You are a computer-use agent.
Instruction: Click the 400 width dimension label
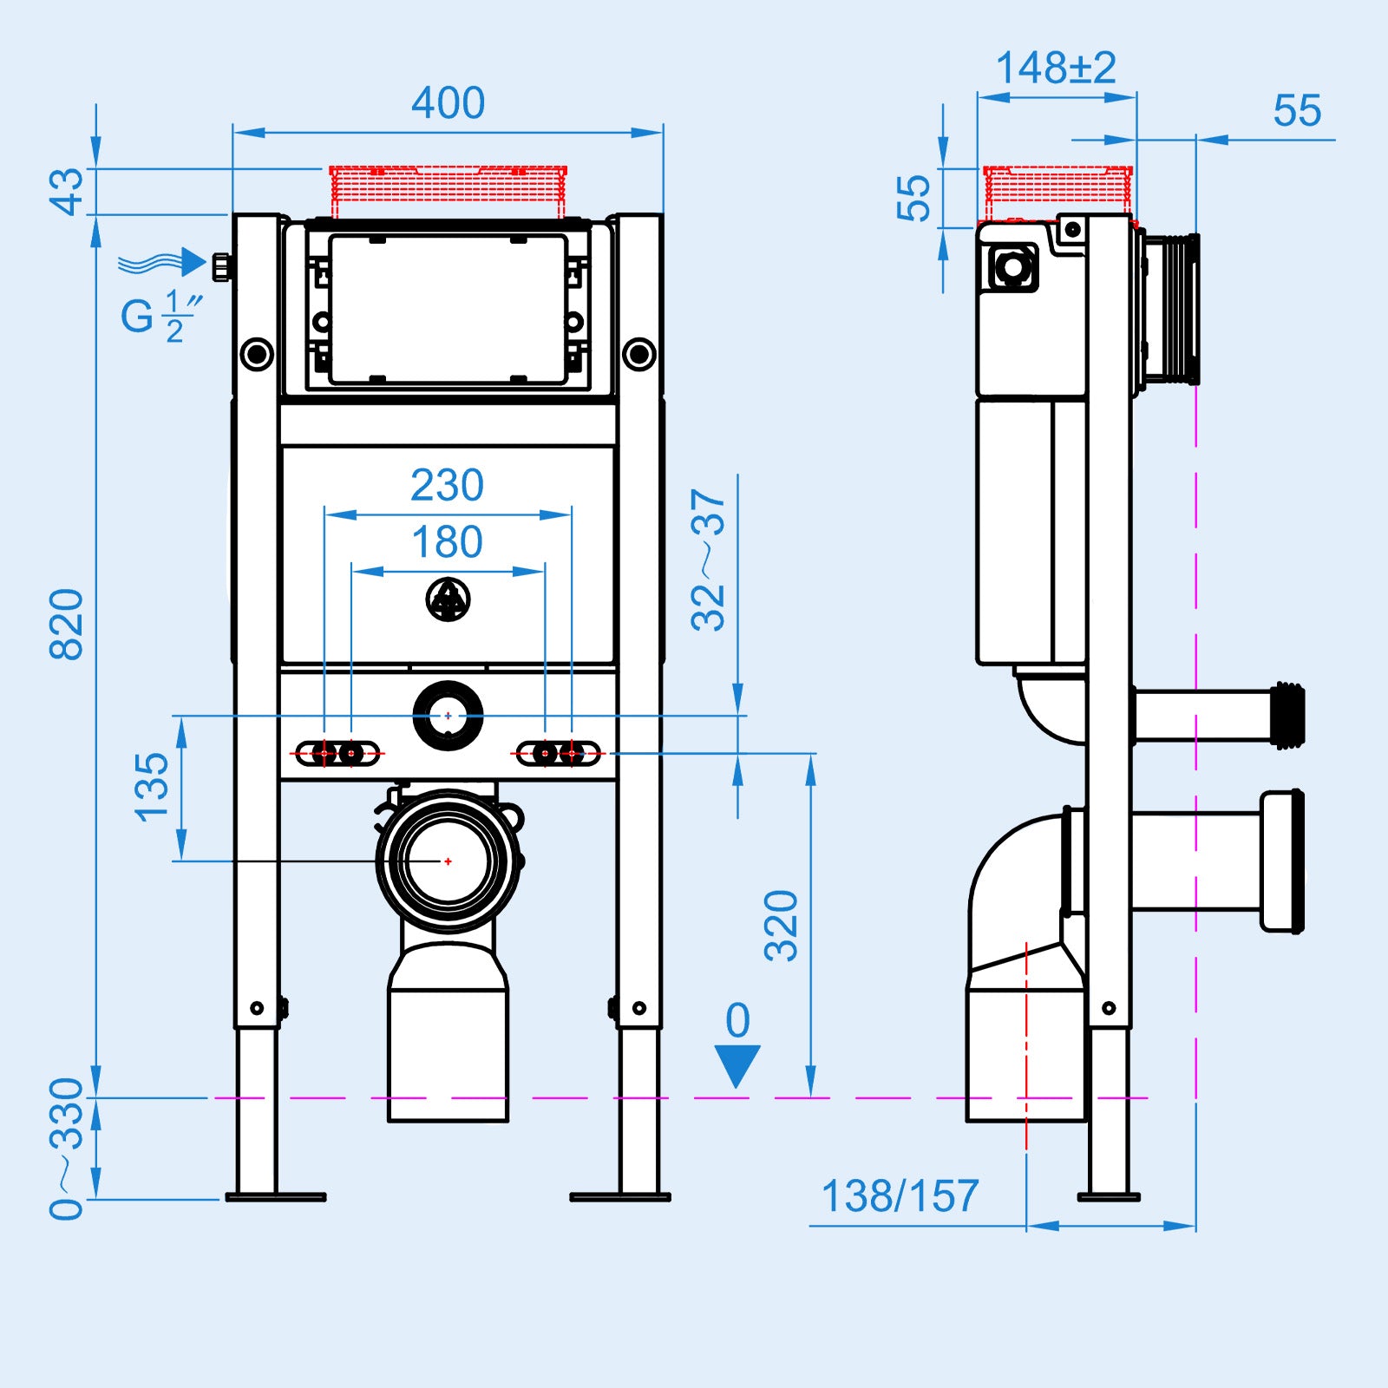pos(448,103)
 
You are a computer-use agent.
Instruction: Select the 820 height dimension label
pos(67,624)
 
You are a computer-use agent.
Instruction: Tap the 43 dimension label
pos(67,192)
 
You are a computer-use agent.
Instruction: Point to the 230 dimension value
pos(447,485)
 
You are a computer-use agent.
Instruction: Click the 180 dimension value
pos(447,542)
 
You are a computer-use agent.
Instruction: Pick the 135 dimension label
pos(152,787)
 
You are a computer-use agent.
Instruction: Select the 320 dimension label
pos(781,925)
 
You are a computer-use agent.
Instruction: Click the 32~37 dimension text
pos(708,560)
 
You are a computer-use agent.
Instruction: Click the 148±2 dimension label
pos(1056,68)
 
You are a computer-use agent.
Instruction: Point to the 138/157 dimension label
pos(900,1196)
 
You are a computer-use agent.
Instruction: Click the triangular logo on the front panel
pos(448,599)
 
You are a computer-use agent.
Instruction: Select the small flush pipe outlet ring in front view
pos(448,716)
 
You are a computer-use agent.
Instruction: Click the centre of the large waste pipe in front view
pos(448,861)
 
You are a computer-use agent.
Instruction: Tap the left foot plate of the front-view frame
pos(276,1197)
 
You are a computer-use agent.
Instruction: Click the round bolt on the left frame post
pos(257,354)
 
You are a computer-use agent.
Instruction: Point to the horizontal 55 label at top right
pos(1297,111)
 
